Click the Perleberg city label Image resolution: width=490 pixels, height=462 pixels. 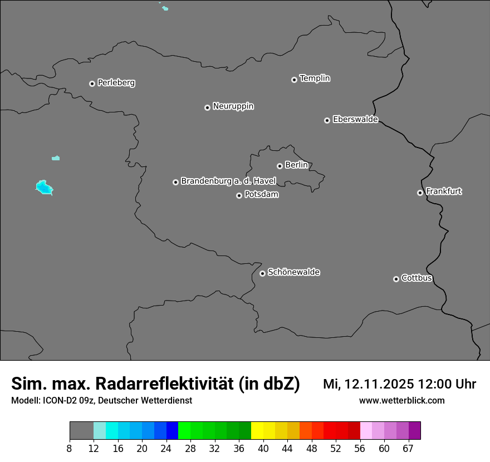[x=116, y=83]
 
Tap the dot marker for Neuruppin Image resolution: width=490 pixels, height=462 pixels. [x=207, y=107]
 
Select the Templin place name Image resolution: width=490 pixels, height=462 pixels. [x=315, y=78]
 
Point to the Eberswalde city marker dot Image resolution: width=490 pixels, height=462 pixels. [x=327, y=120]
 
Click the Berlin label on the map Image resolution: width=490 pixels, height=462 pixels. [x=296, y=165]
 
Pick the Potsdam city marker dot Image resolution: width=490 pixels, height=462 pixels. [x=239, y=195]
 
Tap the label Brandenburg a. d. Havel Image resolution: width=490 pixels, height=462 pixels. [x=228, y=181]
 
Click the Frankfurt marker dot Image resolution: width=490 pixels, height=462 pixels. [x=420, y=193]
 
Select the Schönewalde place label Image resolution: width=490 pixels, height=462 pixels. [x=293, y=272]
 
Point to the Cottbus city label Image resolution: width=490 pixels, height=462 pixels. [x=416, y=278]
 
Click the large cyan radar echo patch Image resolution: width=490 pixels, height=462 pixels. [x=43, y=187]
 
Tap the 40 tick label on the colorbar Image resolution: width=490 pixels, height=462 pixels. [x=263, y=448]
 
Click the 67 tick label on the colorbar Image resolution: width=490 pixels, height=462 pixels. [x=408, y=448]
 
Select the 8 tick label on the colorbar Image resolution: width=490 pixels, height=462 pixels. [x=70, y=448]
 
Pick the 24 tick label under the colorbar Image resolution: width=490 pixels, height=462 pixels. [x=166, y=448]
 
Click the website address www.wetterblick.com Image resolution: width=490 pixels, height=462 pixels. [x=401, y=401]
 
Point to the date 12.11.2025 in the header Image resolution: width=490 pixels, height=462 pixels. [x=378, y=384]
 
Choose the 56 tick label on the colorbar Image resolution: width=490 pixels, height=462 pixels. [x=360, y=448]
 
